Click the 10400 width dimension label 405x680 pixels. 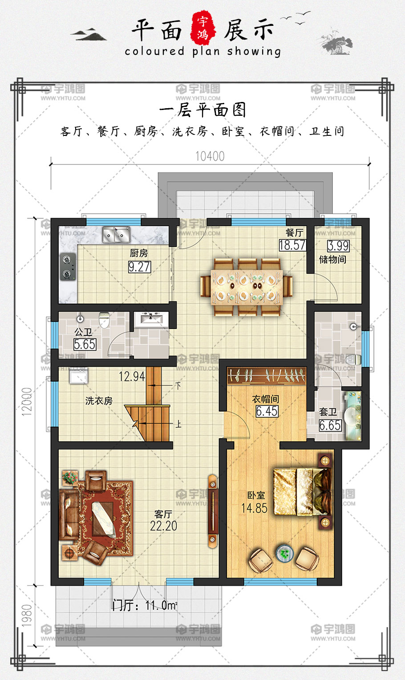tap(210, 156)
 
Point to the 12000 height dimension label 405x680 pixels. tap(27, 401)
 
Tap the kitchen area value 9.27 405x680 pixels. tap(140, 267)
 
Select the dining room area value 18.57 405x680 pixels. tap(292, 245)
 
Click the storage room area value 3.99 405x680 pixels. tap(338, 246)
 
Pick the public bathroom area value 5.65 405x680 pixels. tap(85, 345)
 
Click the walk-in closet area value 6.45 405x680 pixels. tap(267, 411)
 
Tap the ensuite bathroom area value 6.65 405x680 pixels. tap(330, 425)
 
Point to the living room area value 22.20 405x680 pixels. tap(163, 526)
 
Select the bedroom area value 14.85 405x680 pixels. tap(254, 508)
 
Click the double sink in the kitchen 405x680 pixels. tap(116, 235)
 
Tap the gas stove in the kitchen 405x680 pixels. tap(68, 267)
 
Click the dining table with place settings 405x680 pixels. tap(247, 287)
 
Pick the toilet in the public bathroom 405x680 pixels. tap(104, 320)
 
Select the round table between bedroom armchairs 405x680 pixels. tap(284, 553)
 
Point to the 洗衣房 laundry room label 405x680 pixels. tap(99, 401)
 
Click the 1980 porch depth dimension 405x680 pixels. tap(27, 615)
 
